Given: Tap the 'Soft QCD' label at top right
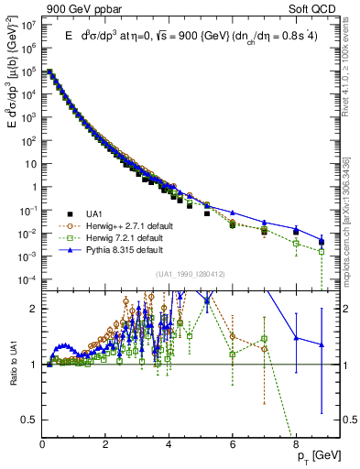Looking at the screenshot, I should (315, 8).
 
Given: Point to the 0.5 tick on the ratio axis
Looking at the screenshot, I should (30, 420).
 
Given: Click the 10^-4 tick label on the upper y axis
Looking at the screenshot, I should (27, 279).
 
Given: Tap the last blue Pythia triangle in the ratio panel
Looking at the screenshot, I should (322, 344).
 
